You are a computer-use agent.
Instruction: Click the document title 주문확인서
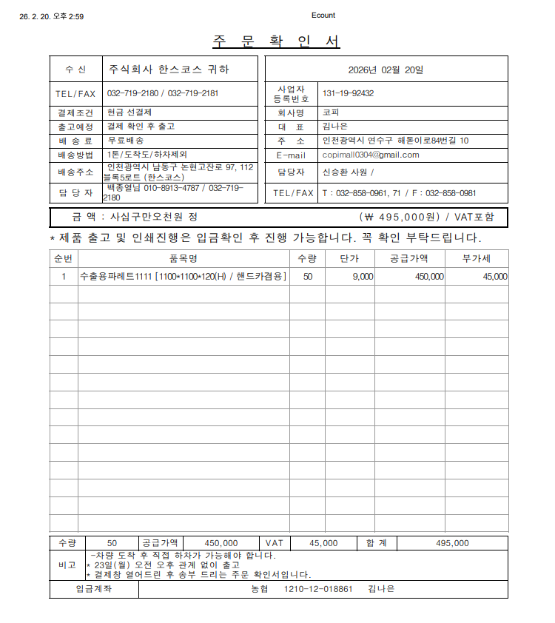tap(276, 41)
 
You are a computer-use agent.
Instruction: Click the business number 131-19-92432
tap(348, 93)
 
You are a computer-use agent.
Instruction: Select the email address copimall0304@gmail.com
tap(371, 155)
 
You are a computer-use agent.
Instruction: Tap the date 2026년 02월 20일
tap(386, 70)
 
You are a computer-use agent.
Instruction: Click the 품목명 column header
tap(184, 258)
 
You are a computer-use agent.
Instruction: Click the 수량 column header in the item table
tap(306, 258)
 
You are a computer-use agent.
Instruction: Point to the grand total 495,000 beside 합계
tap(452, 542)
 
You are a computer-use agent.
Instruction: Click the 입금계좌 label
tap(94, 589)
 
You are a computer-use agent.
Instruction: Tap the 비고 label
tap(67, 565)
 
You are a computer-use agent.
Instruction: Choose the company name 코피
tap(330, 113)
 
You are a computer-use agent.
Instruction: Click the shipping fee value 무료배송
tap(126, 140)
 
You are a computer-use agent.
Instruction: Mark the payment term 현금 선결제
tap(129, 112)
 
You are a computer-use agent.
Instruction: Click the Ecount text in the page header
tap(323, 16)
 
